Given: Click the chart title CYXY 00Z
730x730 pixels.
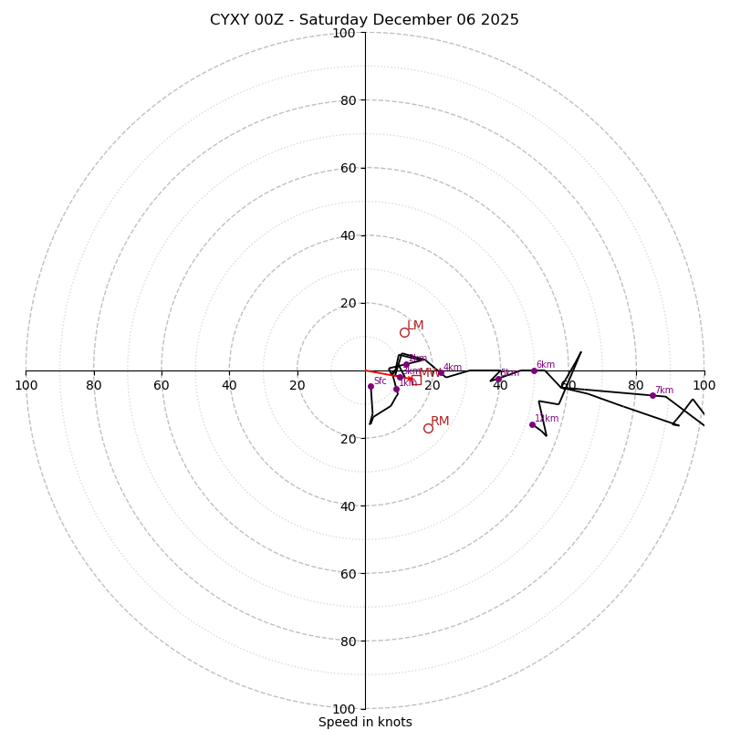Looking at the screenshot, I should coord(364,20).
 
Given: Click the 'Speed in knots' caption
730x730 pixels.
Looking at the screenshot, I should coord(365,722).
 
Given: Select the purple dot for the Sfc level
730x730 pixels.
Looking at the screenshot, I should coord(370,386).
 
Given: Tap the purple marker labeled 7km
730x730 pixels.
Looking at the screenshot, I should coord(652,395).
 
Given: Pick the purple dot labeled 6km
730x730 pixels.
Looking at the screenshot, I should coord(534,370).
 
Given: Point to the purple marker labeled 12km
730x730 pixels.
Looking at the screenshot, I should coord(532,424).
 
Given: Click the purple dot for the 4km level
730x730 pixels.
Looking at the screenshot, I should coord(441,372).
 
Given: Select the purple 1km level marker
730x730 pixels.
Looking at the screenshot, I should coord(396,389).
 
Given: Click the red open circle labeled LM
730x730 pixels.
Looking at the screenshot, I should coord(404,332).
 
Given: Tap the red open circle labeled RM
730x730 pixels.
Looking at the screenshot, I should coord(428,428).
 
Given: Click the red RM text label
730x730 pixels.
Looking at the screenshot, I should coord(440,421).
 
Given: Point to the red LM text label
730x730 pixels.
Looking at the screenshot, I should coord(415,326).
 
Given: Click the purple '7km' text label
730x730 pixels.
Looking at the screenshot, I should coord(663,391).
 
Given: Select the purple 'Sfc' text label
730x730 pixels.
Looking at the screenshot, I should coord(380,381).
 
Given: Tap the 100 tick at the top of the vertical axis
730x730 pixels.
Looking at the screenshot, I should coord(344,33).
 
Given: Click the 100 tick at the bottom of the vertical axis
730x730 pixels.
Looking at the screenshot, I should coord(344,709).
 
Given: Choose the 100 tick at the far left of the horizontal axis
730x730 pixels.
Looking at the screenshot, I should coord(26,385).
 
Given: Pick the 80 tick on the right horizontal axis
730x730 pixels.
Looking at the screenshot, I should coord(635,385).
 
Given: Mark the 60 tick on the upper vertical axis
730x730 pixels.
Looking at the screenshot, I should coord(348,168).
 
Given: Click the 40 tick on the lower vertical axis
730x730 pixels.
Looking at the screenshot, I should coord(348,506).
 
